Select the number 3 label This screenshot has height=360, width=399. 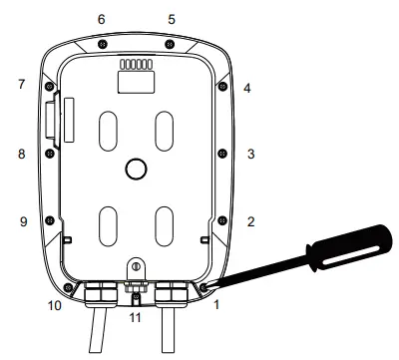(x=251, y=155)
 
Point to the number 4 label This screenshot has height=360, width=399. (x=246, y=88)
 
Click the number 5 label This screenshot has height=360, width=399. (x=171, y=19)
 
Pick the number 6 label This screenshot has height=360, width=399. (x=101, y=19)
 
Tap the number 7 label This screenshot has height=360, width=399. (x=21, y=85)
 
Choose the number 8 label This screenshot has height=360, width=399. (x=21, y=155)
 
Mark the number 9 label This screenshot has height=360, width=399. (x=21, y=221)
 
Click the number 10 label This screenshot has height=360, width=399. (x=56, y=305)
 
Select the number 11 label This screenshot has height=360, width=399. (x=138, y=318)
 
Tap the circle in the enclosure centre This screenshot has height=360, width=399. (x=134, y=171)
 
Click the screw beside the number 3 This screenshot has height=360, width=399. (x=220, y=155)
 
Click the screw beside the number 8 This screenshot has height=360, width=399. (x=47, y=155)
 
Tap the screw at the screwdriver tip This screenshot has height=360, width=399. (x=203, y=287)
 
